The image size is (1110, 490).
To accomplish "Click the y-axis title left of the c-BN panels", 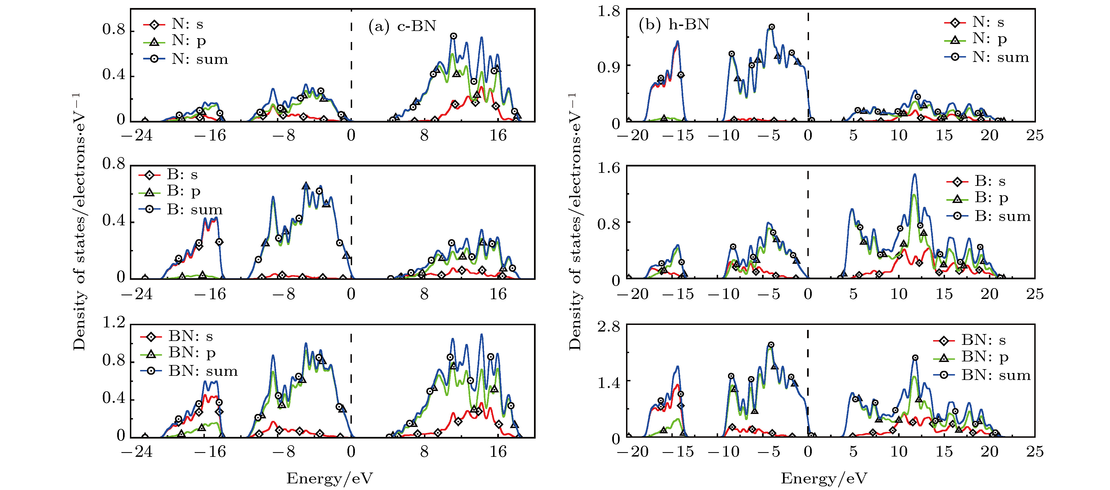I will [79, 222].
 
